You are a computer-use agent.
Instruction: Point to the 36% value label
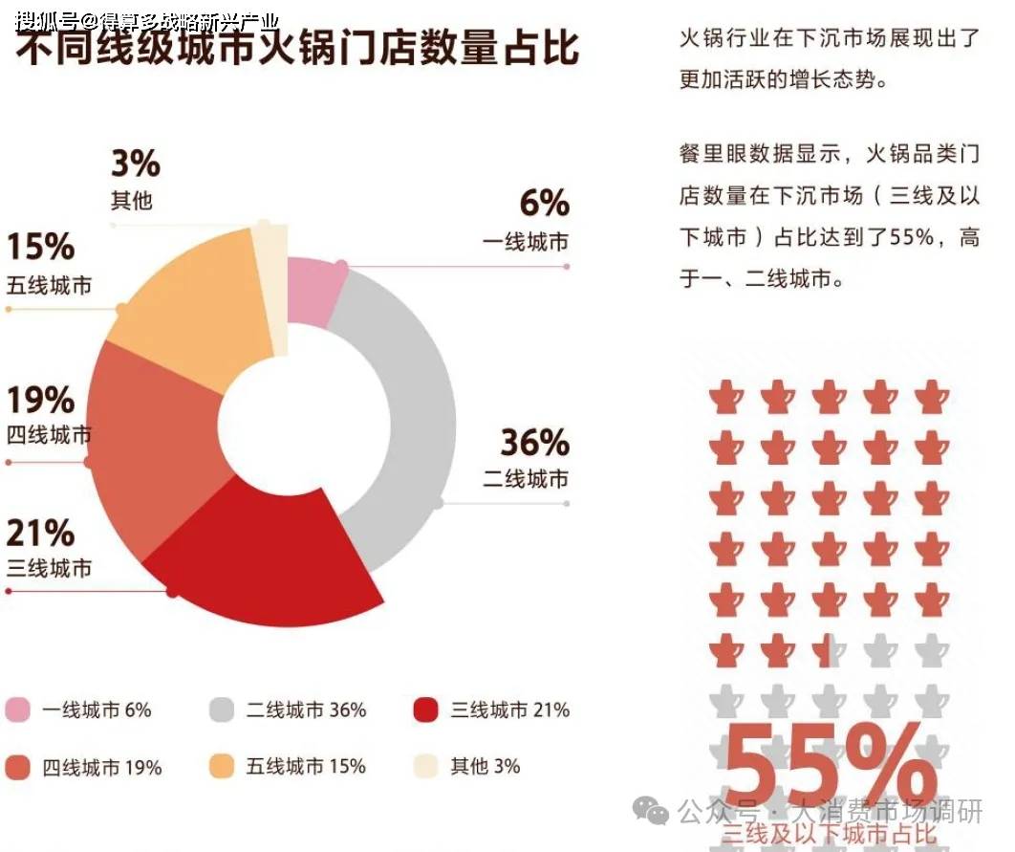[534, 443]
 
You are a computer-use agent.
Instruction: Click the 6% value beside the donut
[544, 204]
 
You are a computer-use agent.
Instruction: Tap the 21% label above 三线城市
[40, 533]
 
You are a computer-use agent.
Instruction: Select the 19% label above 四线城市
[40, 399]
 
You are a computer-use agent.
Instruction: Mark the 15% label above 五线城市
[40, 247]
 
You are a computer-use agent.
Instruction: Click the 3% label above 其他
[135, 164]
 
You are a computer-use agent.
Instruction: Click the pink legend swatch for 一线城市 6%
[18, 710]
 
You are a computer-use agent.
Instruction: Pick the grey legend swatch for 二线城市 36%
[222, 710]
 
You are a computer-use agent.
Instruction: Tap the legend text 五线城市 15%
[306, 766]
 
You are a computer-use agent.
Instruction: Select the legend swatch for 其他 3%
[425, 766]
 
